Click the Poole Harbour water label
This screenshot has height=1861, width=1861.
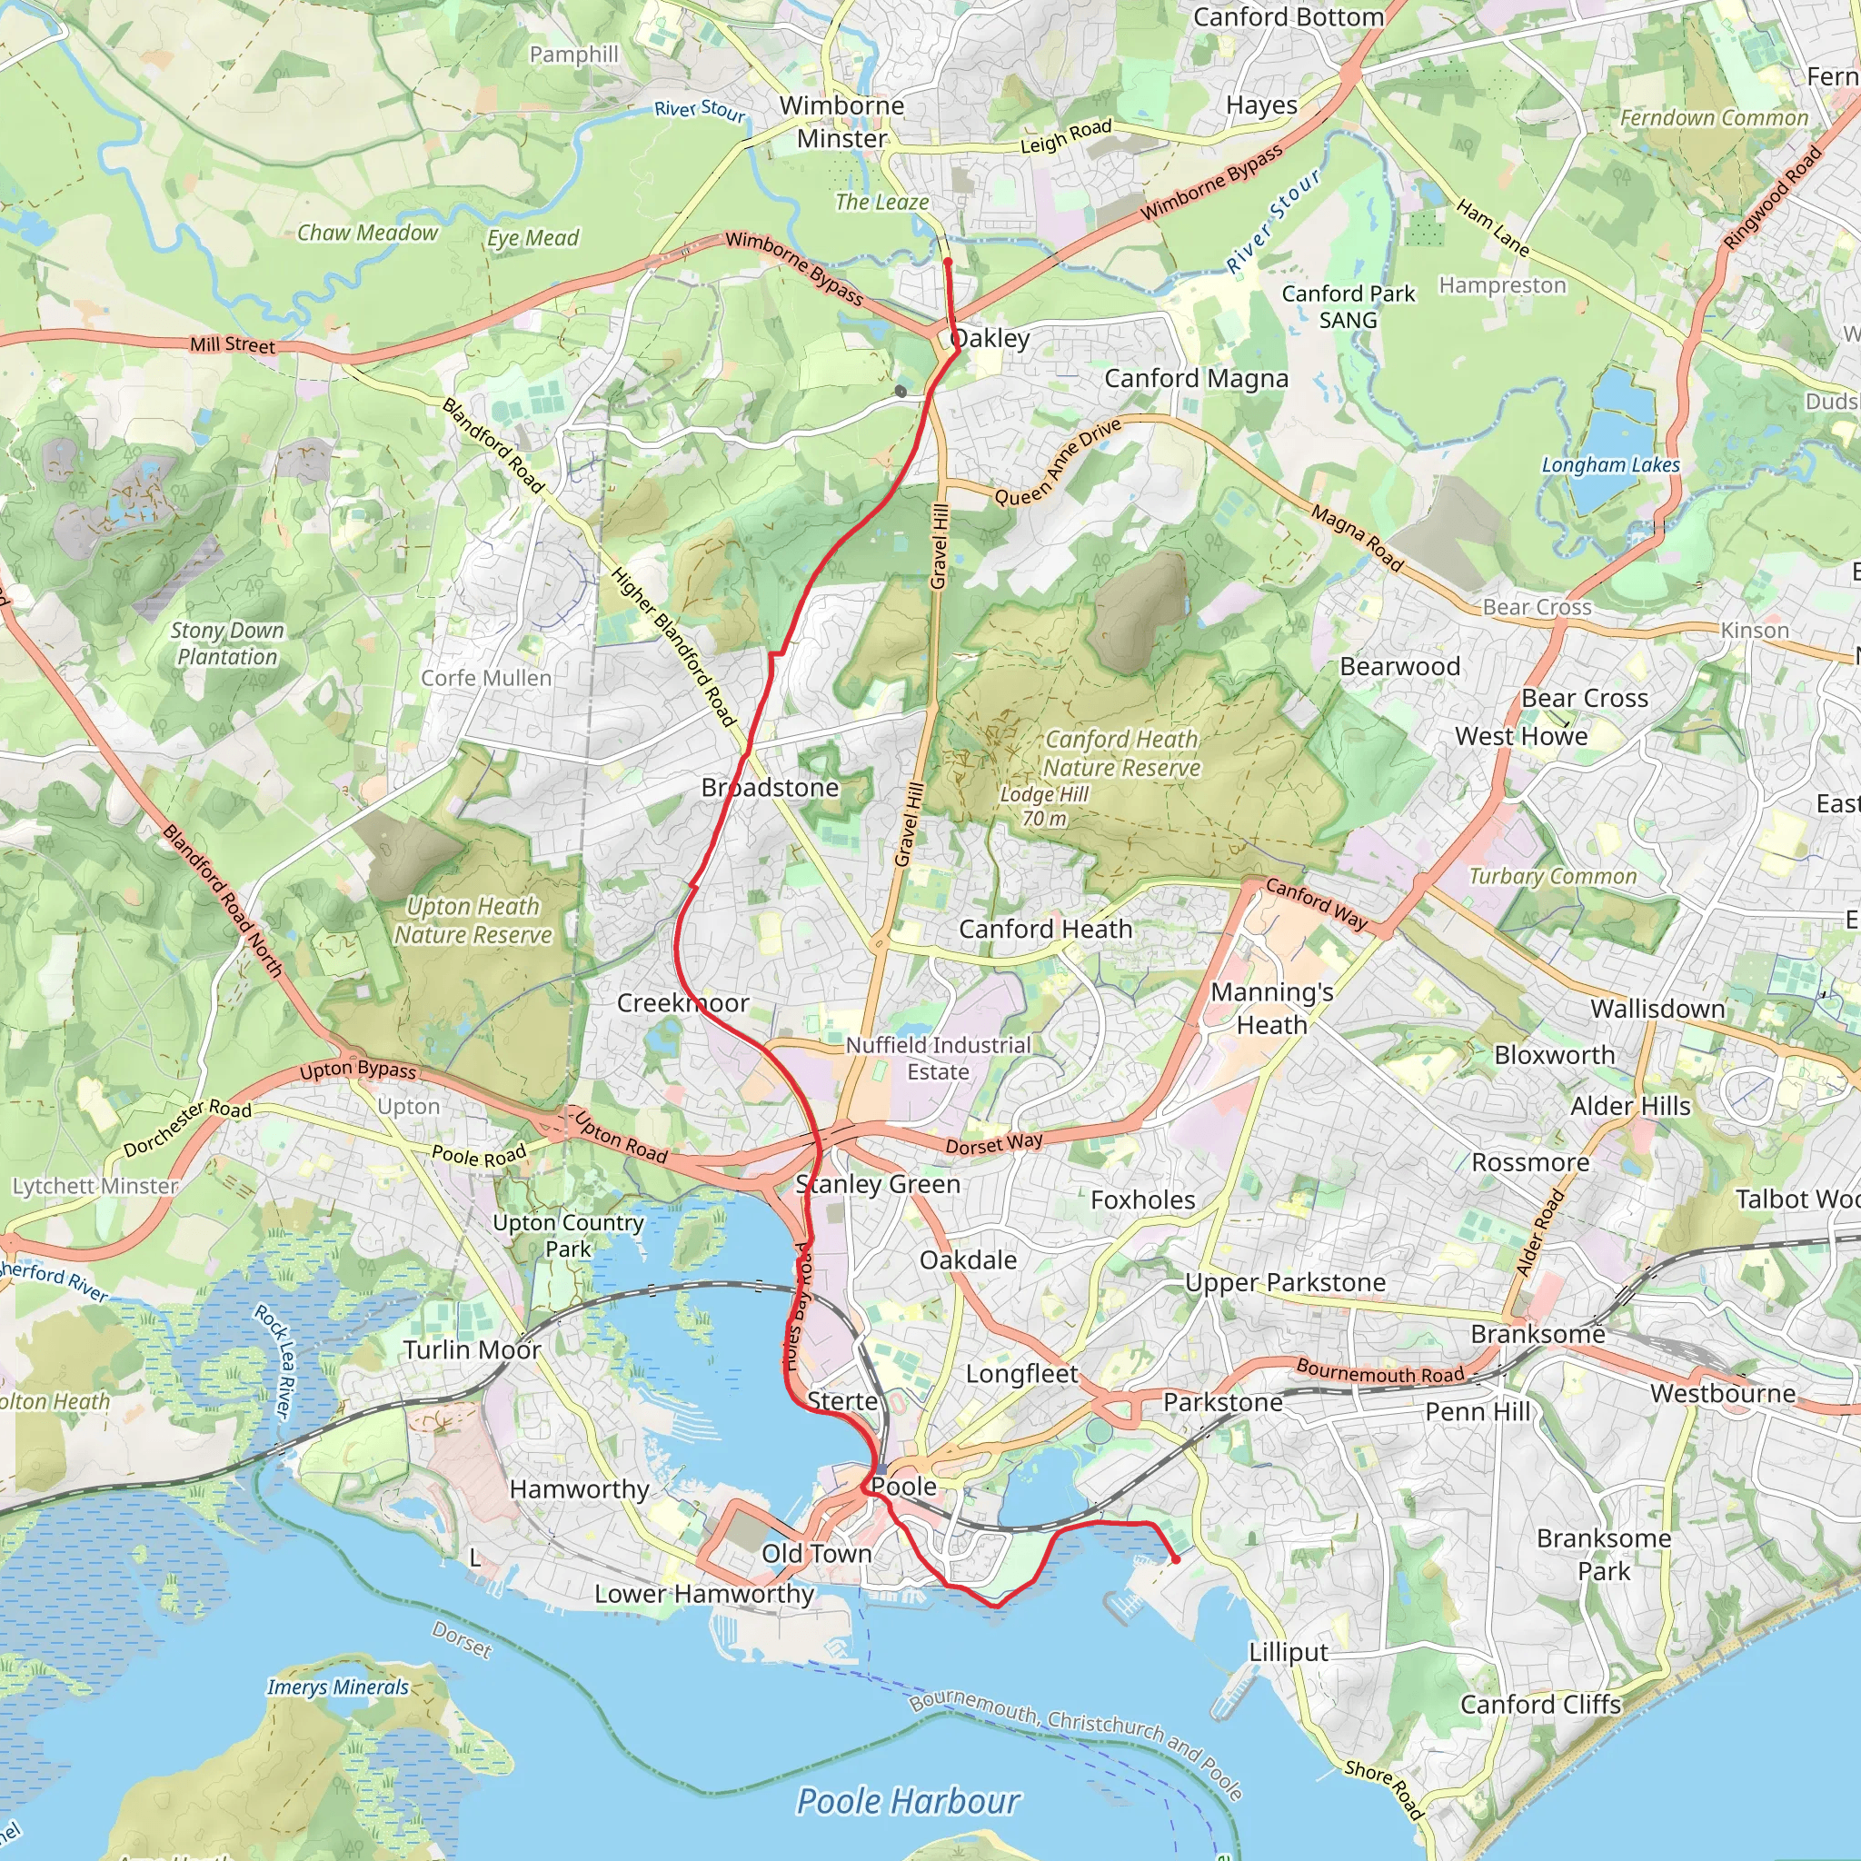(x=908, y=1800)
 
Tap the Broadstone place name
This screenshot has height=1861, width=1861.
(x=770, y=787)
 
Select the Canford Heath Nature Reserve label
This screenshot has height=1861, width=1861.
(x=1122, y=753)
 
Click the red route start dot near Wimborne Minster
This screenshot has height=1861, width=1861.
(x=948, y=261)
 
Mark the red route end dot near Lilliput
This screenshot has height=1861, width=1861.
(x=1175, y=1558)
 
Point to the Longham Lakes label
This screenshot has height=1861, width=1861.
(x=1610, y=464)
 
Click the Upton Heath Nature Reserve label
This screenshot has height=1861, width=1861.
(x=473, y=920)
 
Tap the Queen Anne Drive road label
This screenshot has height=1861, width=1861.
(x=1058, y=462)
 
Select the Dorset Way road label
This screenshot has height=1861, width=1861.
(x=994, y=1143)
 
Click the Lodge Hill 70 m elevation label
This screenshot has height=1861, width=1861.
(x=1044, y=806)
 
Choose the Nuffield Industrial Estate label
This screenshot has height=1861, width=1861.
(x=938, y=1058)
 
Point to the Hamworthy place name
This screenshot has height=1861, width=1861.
(x=579, y=1489)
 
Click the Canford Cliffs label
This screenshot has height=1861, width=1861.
(x=1540, y=1704)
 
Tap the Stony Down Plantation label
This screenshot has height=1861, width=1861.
(x=227, y=643)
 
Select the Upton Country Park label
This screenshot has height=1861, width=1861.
(x=567, y=1235)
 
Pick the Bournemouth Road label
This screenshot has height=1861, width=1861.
(x=1379, y=1370)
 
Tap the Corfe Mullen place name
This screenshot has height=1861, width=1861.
(x=486, y=678)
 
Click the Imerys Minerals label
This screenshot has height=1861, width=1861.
(x=337, y=1687)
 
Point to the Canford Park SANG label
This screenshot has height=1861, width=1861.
(x=1348, y=306)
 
